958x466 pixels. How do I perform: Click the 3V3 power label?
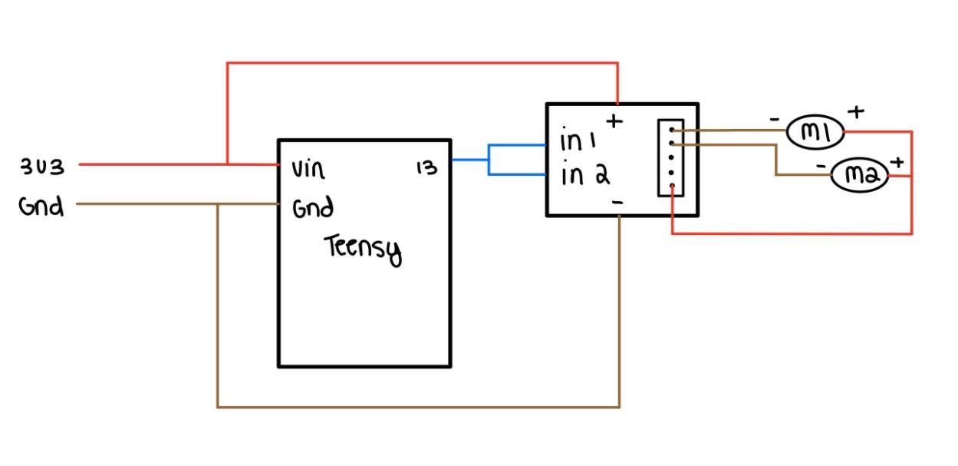tap(43, 167)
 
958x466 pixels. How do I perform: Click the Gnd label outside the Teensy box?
tap(41, 206)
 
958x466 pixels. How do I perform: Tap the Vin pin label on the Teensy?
tap(308, 169)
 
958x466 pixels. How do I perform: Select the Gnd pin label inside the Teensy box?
tap(313, 208)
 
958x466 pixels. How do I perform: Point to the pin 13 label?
tap(426, 167)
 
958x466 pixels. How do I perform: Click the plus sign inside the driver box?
tap(615, 121)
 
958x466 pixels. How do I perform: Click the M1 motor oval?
tap(815, 133)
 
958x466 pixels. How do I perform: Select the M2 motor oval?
tap(860, 176)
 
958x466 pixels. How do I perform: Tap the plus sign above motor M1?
tap(856, 111)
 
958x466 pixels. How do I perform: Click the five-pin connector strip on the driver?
tap(670, 157)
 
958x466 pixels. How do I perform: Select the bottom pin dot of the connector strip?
tap(671, 185)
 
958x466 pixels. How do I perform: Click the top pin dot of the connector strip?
tap(671, 130)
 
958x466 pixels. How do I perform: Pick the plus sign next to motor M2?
tap(896, 162)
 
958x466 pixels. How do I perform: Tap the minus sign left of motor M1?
tap(775, 120)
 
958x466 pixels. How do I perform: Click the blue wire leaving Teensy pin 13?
tap(469, 160)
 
